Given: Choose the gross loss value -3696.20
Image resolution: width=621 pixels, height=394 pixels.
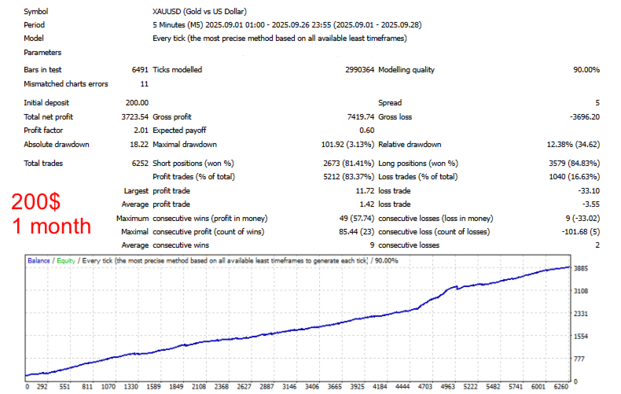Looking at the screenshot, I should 582,116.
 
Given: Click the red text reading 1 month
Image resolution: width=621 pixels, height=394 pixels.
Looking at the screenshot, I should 51,226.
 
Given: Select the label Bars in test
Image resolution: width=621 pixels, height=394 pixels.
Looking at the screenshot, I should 42,70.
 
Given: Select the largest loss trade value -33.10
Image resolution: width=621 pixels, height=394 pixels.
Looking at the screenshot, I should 588,190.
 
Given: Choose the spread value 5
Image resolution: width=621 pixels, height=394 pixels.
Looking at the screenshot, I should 597,103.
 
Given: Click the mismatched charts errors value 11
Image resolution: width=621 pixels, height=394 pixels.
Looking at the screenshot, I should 144,84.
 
